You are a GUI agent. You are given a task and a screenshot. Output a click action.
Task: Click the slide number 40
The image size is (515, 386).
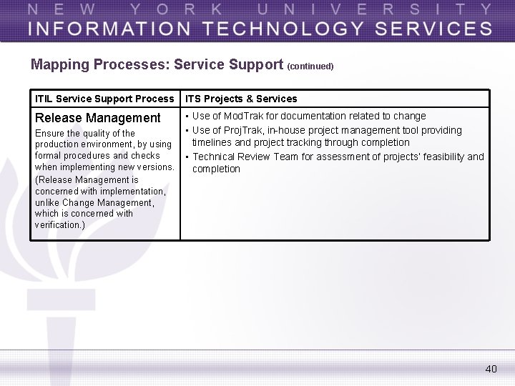[491, 369]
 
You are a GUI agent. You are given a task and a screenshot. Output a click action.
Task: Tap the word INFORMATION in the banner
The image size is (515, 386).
[101, 29]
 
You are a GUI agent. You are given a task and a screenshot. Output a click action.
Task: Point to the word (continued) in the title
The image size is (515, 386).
[310, 66]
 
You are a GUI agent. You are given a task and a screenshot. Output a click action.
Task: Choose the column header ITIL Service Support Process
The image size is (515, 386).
[104, 99]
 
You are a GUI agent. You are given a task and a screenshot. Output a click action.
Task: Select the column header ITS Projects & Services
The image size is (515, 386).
[241, 99]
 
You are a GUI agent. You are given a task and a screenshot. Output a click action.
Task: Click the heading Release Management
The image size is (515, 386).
[98, 118]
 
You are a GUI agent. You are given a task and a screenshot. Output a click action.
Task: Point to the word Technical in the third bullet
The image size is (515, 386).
[214, 157]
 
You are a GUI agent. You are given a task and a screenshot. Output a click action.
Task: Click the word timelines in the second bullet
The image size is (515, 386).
[213, 143]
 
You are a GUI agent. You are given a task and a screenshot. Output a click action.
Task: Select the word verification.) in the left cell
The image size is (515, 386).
[60, 225]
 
